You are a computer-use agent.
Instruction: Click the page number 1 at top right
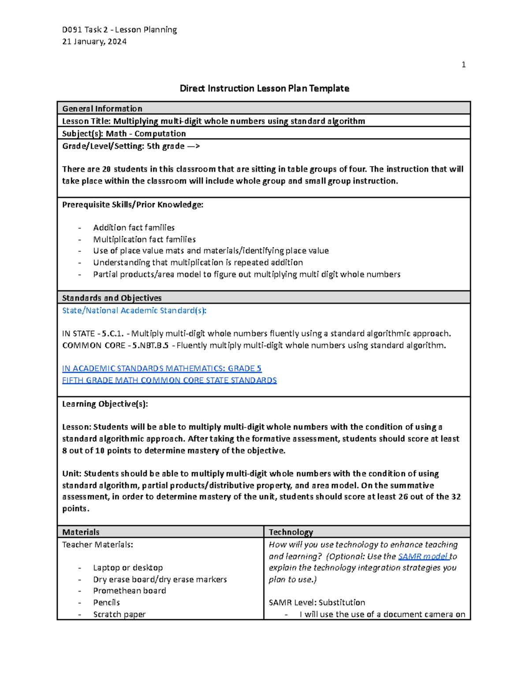pos(463,65)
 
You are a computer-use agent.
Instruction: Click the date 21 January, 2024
pos(94,41)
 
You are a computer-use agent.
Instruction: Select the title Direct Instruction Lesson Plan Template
pos(264,88)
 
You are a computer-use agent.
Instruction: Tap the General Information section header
pos(102,109)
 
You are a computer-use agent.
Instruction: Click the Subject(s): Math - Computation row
pos(124,133)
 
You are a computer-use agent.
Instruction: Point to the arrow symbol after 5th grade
pos(194,146)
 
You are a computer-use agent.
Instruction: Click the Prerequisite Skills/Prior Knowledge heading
pos(133,204)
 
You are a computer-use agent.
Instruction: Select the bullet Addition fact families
pos(134,228)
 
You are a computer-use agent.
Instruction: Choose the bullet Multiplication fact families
pos(144,239)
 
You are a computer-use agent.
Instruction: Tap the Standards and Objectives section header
pos(112,298)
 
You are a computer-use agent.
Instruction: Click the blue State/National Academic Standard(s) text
pos(134,311)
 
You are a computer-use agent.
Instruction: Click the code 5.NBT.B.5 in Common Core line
pos(150,345)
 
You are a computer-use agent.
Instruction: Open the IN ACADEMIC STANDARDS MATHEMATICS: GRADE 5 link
pos(162,368)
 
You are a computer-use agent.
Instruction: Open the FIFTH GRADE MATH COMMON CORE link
pos(169,380)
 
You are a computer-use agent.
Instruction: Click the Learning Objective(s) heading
pos(105,404)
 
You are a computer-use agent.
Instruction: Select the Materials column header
pos(81,532)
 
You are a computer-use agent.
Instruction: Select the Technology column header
pos(291,532)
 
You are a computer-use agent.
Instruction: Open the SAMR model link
pos(423,557)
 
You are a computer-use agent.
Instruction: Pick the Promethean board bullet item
pos(130,591)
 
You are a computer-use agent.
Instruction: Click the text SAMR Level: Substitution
pos(317,603)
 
